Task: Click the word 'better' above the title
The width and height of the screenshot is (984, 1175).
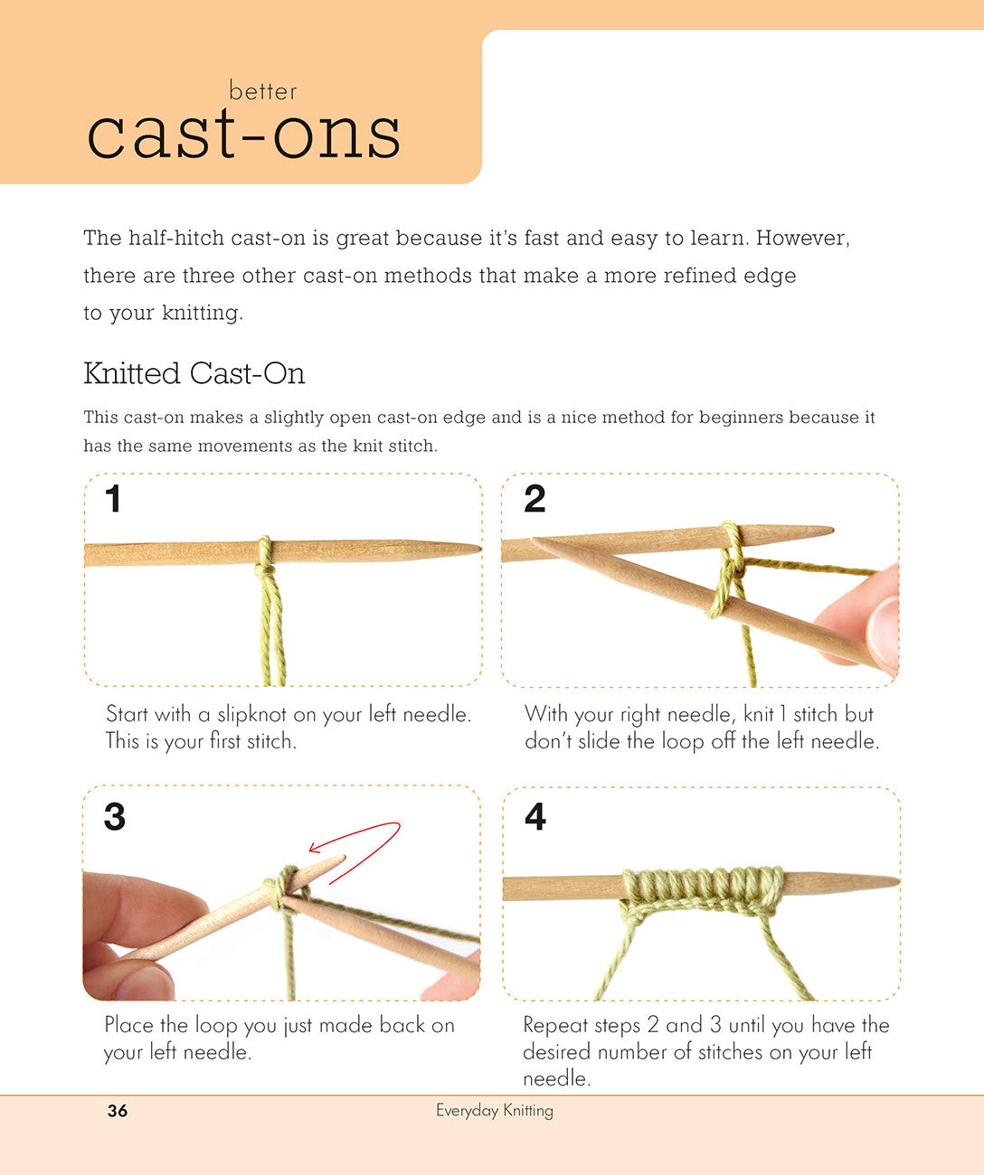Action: click(262, 91)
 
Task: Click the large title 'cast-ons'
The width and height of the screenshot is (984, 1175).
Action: click(244, 134)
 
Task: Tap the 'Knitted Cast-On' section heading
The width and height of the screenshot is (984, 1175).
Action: click(194, 373)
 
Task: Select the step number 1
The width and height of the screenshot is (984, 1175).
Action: click(113, 499)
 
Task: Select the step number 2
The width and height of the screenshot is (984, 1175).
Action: click(535, 499)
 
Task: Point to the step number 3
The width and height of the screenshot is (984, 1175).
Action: click(114, 816)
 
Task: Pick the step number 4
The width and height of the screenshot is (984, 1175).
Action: click(535, 816)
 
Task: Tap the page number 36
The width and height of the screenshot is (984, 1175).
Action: click(118, 1111)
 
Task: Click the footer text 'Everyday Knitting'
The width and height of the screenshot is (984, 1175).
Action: click(495, 1111)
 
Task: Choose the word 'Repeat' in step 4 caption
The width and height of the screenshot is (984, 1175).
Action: click(554, 1025)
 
